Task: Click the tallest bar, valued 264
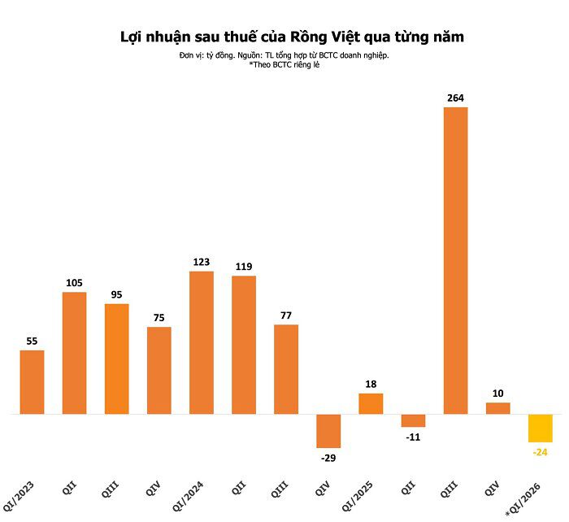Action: tap(455, 260)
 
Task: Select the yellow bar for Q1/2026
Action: tap(540, 428)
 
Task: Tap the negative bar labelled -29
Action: tap(328, 431)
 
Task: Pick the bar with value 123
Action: tap(202, 342)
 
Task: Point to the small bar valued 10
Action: tap(497, 408)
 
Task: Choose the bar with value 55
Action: tap(32, 382)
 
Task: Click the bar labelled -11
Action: tap(413, 420)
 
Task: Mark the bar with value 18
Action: tap(371, 404)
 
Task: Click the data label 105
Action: tap(74, 282)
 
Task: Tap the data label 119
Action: tap(244, 266)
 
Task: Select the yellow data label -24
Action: tap(540, 452)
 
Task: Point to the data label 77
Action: tap(286, 315)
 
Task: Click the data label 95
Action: tap(116, 294)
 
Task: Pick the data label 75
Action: tap(159, 317)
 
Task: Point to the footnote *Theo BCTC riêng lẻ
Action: tap(284, 64)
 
